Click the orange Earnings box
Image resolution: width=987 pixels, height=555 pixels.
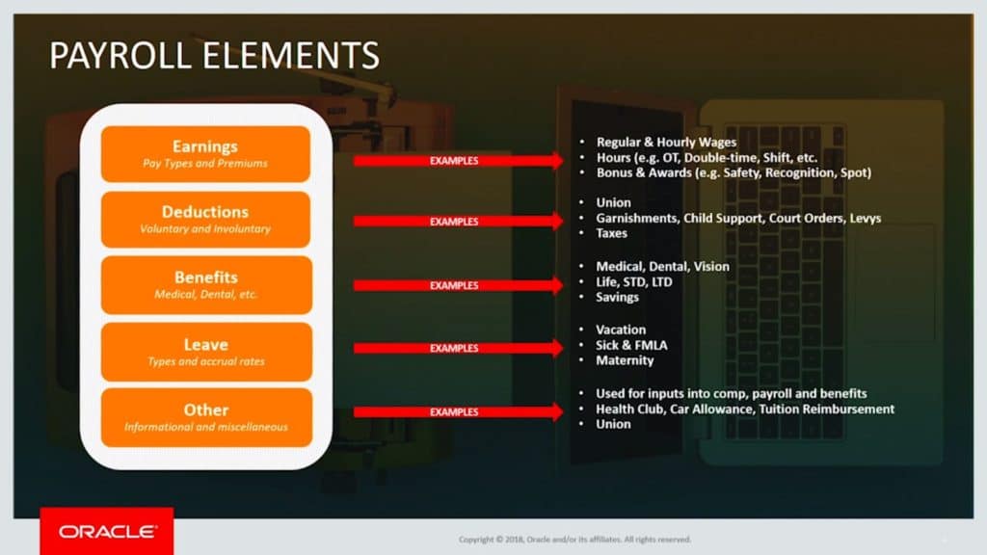pyautogui.click(x=205, y=154)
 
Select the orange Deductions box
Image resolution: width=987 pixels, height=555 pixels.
pyautogui.click(x=205, y=220)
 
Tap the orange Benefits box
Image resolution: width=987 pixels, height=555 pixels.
pyautogui.click(x=205, y=285)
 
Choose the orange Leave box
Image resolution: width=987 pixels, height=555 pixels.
pyautogui.click(x=205, y=351)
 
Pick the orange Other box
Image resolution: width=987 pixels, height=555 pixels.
pyautogui.click(x=205, y=417)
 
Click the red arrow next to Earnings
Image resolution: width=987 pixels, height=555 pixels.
pyautogui.click(x=457, y=161)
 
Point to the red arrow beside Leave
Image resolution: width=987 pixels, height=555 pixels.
pyautogui.click(x=457, y=348)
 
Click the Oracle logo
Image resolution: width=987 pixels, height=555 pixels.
pyautogui.click(x=106, y=531)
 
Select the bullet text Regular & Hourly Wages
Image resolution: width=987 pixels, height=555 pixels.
pyautogui.click(x=666, y=143)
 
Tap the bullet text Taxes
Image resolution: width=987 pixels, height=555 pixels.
pyautogui.click(x=611, y=233)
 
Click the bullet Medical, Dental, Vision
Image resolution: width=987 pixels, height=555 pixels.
pyautogui.click(x=662, y=266)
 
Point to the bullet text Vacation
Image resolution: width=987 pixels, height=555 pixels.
pyautogui.click(x=621, y=330)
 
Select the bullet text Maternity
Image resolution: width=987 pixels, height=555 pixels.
pyautogui.click(x=625, y=360)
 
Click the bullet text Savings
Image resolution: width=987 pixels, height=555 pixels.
pyautogui.click(x=617, y=297)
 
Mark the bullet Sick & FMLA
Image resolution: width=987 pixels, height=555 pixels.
pyautogui.click(x=631, y=345)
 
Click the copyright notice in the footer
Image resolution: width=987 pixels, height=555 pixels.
pyautogui.click(x=574, y=539)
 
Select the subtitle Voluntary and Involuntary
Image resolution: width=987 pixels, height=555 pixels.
pyautogui.click(x=205, y=229)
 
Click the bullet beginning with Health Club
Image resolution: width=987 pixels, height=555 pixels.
pyautogui.click(x=745, y=409)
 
